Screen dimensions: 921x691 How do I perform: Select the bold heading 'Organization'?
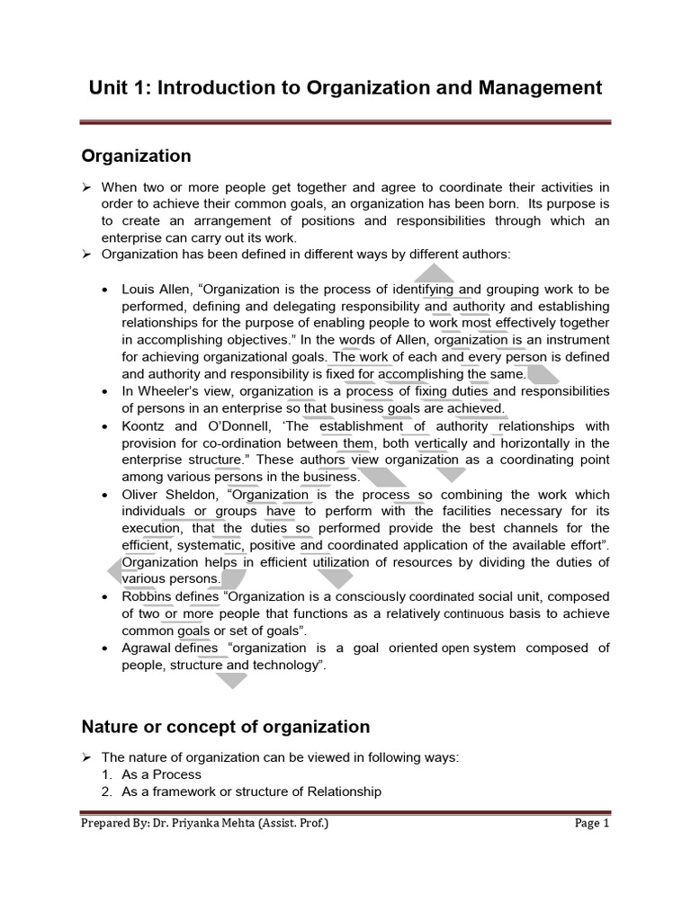(x=136, y=156)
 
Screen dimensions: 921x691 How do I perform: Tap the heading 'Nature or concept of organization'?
(x=226, y=726)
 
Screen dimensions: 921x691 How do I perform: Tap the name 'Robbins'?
(x=146, y=597)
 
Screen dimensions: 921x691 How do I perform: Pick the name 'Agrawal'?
(x=147, y=648)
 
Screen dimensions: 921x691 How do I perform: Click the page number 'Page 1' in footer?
(x=593, y=823)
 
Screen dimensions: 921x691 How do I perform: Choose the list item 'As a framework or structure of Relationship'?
(x=251, y=791)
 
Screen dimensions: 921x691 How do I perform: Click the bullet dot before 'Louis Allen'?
(x=107, y=291)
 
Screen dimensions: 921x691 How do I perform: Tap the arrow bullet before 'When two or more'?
(x=87, y=187)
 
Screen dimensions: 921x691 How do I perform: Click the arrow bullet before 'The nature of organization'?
(x=87, y=757)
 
